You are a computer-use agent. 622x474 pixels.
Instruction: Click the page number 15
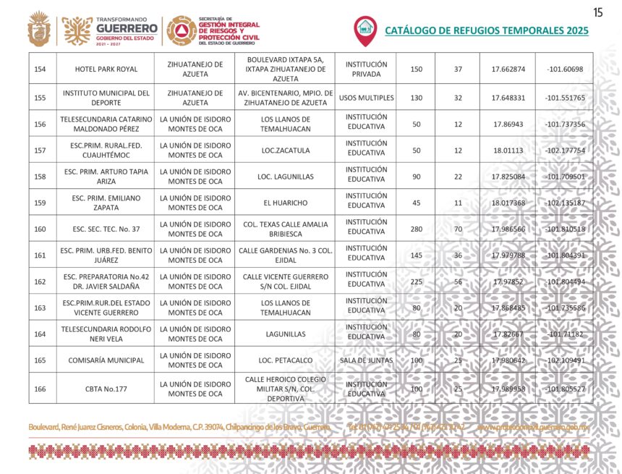pos(597,12)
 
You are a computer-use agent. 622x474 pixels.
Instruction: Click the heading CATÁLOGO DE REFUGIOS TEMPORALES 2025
pos(486,30)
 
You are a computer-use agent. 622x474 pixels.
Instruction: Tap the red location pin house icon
pos(365,30)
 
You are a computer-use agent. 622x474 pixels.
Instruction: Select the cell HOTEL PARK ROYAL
pos(106,69)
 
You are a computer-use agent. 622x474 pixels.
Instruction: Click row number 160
pos(41,229)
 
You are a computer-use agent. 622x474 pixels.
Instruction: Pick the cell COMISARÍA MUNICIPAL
pos(106,360)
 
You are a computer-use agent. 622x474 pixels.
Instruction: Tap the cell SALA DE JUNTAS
pos(365,360)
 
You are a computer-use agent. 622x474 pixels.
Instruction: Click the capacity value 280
pos(415,229)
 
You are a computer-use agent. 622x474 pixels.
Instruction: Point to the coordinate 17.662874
pos(508,69)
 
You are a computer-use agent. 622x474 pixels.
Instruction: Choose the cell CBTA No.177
pos(106,389)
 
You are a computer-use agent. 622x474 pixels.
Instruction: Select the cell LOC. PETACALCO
pos(286,360)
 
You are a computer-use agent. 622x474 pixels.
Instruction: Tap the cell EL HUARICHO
pos(286,203)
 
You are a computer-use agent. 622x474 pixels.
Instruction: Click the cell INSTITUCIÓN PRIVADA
pos(365,69)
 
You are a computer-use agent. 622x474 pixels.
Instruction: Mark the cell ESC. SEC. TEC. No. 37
pos(106,229)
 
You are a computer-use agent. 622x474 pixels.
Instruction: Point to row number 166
pos(41,389)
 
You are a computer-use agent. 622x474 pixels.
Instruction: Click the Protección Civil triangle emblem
pos(181,30)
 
